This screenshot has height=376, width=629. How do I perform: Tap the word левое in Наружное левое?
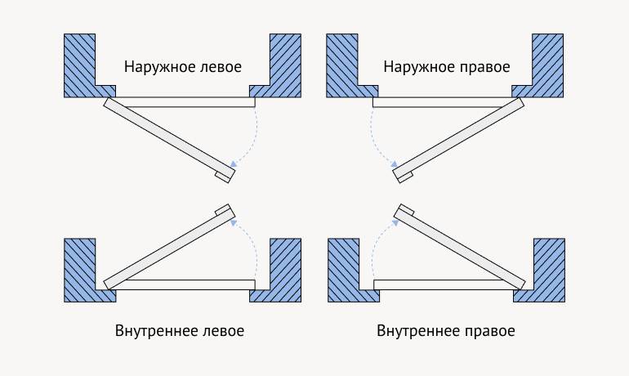(x=220, y=66)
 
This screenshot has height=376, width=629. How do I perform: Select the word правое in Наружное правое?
(x=483, y=66)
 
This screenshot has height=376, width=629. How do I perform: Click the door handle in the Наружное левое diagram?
(x=222, y=176)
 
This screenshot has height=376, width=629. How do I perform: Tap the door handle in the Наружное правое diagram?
(x=404, y=176)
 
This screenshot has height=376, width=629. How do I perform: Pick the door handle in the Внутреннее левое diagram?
(x=221, y=210)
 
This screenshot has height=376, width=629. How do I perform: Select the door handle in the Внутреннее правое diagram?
(x=404, y=210)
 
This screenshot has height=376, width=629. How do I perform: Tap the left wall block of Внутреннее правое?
(x=343, y=270)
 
